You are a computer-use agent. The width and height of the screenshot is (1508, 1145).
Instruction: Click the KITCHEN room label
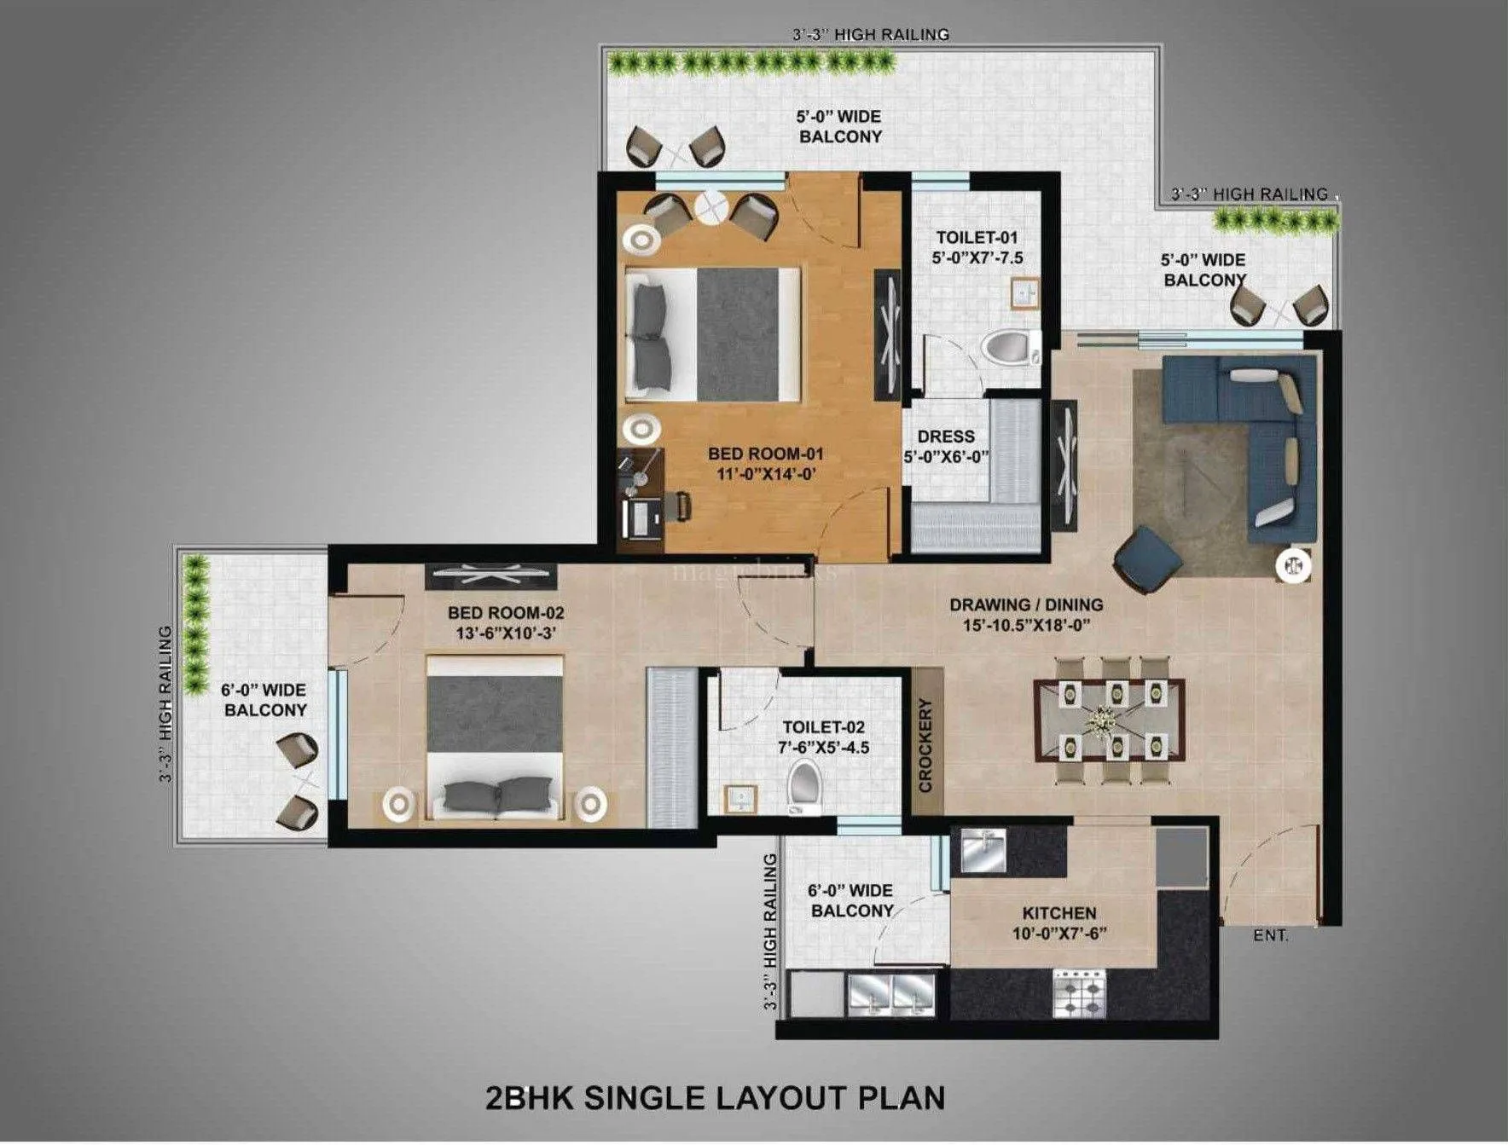(1059, 912)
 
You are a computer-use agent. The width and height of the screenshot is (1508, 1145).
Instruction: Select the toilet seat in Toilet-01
(1006, 349)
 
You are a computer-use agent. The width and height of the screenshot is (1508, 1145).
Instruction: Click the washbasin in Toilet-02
(740, 799)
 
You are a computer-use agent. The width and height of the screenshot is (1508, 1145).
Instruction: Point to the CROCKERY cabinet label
(925, 745)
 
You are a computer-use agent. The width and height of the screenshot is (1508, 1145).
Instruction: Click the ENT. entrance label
(1270, 936)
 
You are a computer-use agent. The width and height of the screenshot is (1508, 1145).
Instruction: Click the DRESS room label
(946, 436)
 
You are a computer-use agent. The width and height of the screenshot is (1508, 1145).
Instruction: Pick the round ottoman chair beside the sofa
(1146, 559)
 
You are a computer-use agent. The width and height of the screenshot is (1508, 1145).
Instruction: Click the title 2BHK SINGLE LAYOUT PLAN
(715, 1096)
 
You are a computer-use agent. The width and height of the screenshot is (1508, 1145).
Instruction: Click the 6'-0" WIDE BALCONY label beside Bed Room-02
(264, 700)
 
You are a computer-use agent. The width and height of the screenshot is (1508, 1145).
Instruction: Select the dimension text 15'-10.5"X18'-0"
(1026, 625)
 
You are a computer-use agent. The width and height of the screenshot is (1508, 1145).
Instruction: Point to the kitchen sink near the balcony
(983, 849)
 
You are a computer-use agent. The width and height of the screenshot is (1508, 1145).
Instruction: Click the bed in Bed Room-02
(495, 737)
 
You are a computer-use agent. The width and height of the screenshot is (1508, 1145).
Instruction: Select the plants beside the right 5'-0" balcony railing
(1276, 220)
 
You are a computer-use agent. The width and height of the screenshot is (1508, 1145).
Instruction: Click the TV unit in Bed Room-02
(492, 576)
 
